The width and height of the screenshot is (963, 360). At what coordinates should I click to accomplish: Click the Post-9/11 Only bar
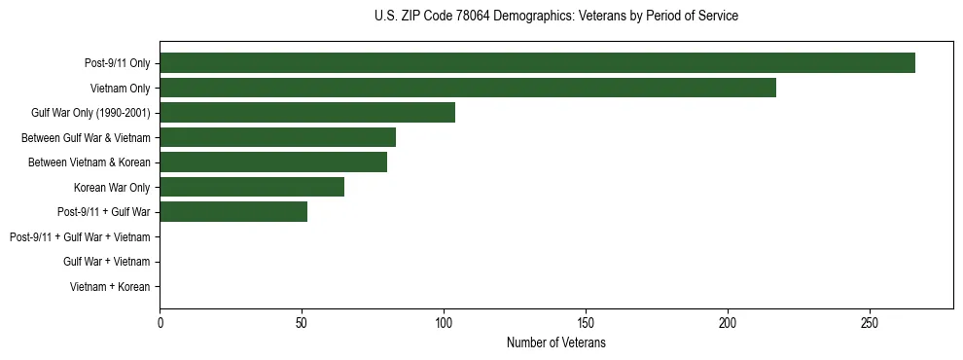[x=537, y=63]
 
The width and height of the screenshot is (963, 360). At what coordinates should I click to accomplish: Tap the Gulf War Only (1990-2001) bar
[x=307, y=113]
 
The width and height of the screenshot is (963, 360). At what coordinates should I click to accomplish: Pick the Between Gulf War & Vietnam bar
[x=277, y=137]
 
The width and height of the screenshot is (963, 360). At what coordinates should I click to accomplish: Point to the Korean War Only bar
[x=252, y=187]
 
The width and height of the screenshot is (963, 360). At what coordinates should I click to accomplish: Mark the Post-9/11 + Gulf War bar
[x=233, y=212]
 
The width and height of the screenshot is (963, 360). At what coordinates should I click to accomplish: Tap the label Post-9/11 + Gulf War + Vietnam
[x=80, y=237]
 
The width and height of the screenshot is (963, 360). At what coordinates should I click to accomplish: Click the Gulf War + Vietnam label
[x=107, y=262]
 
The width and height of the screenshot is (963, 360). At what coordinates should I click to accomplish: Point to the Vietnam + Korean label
[x=110, y=287]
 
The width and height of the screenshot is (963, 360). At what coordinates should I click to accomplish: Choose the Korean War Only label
[x=112, y=188]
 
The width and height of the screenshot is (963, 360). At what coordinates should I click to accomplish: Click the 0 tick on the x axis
[x=160, y=323]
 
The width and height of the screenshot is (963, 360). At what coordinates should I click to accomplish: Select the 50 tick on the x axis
[x=302, y=323]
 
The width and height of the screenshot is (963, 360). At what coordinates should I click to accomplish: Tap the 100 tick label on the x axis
[x=444, y=323]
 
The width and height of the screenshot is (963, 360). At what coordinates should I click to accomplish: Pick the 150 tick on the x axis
[x=586, y=323]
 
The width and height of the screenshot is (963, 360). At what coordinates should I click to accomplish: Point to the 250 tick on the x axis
[x=870, y=323]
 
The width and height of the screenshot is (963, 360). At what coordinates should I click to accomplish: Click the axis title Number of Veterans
[x=556, y=342]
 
